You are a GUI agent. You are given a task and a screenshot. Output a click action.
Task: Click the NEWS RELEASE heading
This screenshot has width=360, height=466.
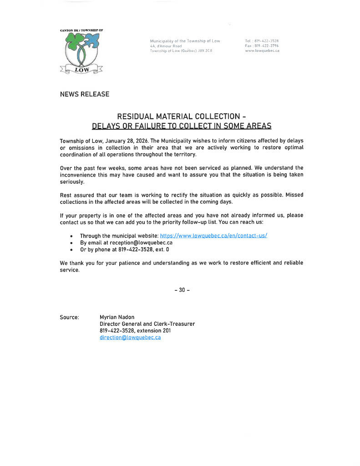[x=85, y=94]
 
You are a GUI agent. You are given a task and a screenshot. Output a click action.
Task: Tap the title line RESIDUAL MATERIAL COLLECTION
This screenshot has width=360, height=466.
[x=182, y=116]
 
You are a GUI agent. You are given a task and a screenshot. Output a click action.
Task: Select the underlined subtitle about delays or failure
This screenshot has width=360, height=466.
[x=182, y=126]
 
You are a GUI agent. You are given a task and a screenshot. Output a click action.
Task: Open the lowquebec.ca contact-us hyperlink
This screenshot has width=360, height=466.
[x=213, y=236]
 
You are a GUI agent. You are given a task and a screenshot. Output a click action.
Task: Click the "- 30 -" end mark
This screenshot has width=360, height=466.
[x=182, y=290]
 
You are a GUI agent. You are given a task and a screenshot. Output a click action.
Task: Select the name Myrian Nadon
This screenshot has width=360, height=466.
[x=117, y=317]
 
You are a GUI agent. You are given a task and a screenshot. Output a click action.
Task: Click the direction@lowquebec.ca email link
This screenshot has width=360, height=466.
[x=130, y=338]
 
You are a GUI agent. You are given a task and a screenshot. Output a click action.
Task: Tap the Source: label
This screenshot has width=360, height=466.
[x=69, y=317]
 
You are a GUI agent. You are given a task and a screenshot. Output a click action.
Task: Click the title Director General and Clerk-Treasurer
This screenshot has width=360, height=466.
[x=147, y=324]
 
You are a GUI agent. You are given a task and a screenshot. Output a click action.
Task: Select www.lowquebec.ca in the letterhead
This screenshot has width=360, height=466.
[x=262, y=51]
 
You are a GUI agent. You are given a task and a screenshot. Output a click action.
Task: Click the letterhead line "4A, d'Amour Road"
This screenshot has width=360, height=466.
[x=166, y=46]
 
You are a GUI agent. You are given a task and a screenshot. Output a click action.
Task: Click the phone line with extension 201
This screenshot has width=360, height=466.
[x=135, y=331]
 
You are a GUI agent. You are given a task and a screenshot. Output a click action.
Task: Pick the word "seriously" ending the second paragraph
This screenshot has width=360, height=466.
[x=72, y=182]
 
